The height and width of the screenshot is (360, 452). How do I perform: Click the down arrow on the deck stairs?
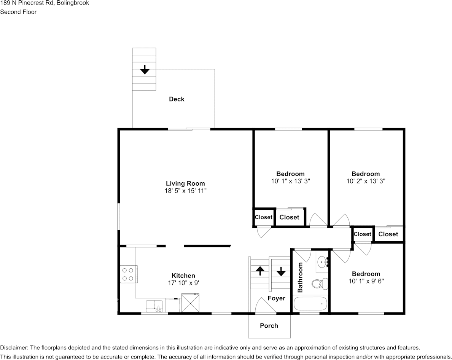(144, 70)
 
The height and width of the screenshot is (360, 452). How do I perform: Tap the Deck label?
(177, 99)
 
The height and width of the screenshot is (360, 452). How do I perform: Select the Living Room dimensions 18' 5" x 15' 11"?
(185, 191)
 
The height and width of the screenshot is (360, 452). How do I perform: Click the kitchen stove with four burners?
(128, 274)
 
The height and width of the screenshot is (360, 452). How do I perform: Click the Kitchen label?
(183, 276)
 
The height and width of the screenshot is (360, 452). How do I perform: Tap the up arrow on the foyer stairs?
(260, 271)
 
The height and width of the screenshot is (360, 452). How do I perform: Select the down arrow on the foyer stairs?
(281, 271)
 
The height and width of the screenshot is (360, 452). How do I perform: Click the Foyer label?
(276, 298)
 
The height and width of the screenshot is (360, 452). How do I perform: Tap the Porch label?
(269, 326)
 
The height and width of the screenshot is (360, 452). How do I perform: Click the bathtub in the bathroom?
(310, 304)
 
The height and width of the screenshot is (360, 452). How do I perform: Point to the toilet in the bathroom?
(319, 283)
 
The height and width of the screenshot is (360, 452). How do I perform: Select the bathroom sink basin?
(322, 261)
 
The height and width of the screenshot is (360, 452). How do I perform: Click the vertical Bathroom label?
(300, 277)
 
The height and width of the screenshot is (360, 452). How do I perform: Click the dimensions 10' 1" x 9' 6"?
(366, 281)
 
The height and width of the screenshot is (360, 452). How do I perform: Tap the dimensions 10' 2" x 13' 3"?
(366, 182)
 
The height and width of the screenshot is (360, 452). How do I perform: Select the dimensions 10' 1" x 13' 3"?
(290, 182)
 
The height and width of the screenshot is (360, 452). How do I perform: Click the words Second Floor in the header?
(18, 12)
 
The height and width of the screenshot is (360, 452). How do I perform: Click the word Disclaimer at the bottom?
(14, 347)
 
